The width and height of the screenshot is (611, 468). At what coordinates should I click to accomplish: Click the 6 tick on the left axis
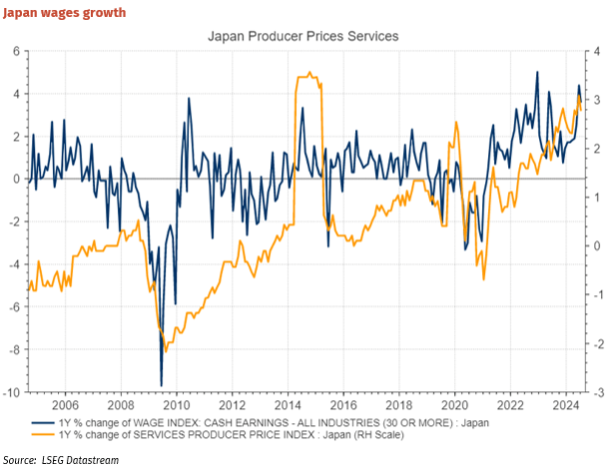coord(18,50)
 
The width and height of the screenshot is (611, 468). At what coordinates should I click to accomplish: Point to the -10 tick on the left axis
coord(15,392)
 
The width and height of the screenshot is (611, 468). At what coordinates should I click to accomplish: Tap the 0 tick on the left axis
coord(18,179)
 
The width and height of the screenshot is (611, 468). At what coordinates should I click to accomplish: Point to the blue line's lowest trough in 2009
coord(162,385)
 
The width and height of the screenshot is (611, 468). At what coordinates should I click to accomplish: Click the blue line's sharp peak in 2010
coord(188,98)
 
